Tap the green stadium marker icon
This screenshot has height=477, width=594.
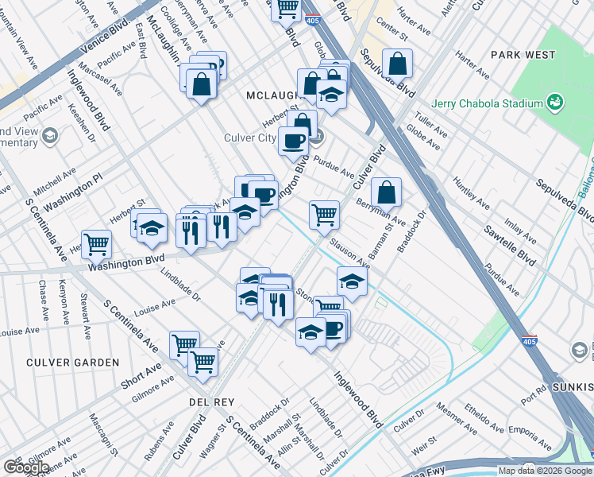pos(555,103)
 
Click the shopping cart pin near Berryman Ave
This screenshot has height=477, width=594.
pos(324,214)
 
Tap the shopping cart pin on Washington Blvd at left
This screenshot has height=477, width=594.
pos(96,243)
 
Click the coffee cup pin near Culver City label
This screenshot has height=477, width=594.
pos(293,142)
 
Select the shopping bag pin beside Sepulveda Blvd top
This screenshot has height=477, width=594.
pos(396,63)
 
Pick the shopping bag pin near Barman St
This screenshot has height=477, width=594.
pos(385,192)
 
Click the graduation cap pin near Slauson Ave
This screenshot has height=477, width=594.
pos(352,281)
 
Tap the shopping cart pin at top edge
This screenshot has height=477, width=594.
pos(286,10)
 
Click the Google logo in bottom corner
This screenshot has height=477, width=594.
pos(25,467)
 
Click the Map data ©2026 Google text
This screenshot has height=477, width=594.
pos(545,471)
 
